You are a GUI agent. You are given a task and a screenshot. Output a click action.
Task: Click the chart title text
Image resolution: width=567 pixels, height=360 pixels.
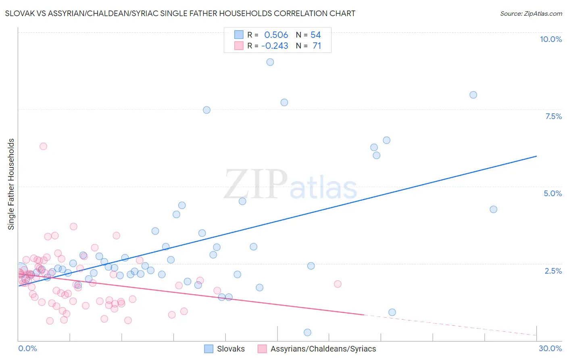pos(180,13)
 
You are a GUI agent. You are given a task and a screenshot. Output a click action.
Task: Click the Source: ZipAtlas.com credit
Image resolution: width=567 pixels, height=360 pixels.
pos(531,14)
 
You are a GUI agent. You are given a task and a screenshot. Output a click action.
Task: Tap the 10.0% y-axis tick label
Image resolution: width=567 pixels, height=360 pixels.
pos(550,39)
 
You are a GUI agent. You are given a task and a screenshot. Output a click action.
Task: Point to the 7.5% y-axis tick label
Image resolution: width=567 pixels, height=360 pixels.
pos(553,116)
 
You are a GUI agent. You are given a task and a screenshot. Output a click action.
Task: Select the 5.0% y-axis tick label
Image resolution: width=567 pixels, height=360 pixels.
pos(552,193)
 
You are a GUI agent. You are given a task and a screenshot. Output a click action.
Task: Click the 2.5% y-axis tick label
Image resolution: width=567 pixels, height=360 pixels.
pos(553,271)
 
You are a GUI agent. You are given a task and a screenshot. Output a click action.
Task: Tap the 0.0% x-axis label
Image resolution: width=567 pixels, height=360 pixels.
pos(27,348)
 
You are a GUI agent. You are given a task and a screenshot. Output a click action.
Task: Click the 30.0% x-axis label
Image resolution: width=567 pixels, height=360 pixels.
pos(550,348)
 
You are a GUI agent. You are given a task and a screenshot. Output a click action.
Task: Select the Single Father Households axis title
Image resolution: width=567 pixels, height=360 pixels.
pos(11,184)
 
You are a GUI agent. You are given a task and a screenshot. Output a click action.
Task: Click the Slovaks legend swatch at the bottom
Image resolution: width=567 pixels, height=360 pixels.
pos(208,349)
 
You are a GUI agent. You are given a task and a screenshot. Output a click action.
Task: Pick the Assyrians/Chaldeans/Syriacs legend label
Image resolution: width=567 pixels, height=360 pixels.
pos(323,349)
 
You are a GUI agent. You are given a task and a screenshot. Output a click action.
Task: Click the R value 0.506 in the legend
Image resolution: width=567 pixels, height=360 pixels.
pos(276,35)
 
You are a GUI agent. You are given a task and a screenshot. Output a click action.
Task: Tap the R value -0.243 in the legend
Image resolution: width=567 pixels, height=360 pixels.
pos(275,46)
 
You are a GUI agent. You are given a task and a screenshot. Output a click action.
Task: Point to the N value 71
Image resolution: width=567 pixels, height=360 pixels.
pos(317,46)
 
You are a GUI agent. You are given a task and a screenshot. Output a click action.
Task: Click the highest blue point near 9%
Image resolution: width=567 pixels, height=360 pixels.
pos(270,62)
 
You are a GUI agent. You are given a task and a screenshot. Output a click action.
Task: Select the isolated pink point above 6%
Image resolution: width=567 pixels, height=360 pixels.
pos(43,146)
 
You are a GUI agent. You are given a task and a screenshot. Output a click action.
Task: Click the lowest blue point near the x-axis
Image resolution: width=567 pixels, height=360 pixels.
pos(307,333)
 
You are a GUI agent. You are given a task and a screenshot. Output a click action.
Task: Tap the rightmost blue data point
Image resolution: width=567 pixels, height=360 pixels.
pos(493,209)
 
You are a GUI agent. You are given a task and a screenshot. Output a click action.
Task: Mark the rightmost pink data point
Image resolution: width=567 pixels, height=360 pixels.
pos(338,284)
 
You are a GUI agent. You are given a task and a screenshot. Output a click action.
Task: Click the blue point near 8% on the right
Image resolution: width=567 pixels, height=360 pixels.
pos(473,95)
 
